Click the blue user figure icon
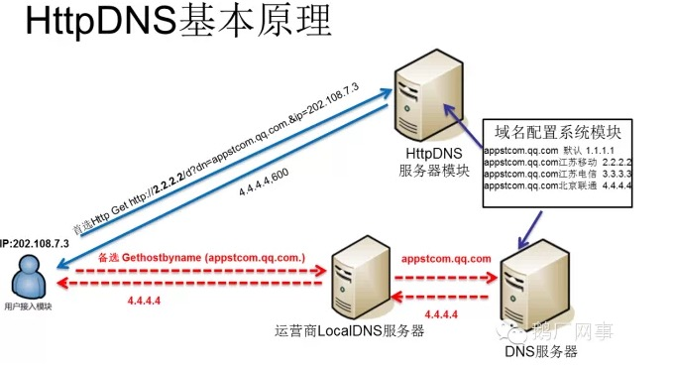(27, 277)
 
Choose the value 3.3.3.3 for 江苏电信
(620, 172)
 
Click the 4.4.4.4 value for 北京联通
(620, 184)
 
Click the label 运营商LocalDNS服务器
(354, 329)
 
